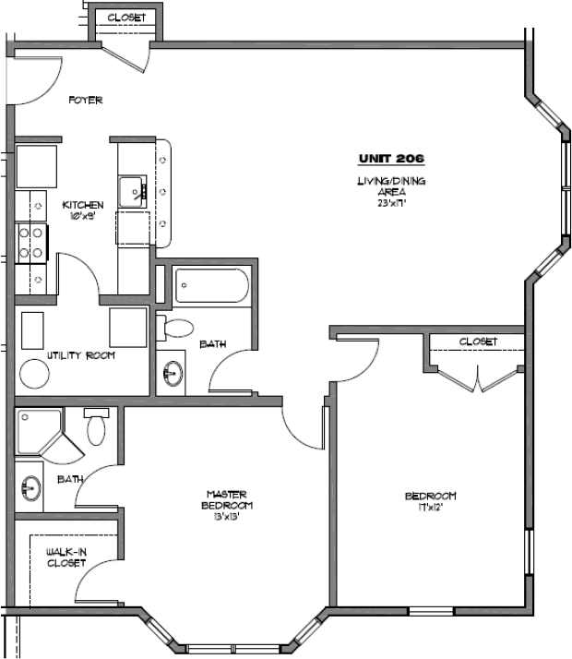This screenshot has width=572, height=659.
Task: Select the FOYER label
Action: point(85,101)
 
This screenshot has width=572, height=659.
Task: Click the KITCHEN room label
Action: point(83,210)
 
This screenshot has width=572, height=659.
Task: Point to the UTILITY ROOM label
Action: point(81,355)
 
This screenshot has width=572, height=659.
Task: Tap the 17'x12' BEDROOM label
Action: point(430,501)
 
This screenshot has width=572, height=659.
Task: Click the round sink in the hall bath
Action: point(173,374)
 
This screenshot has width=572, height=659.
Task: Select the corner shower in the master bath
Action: point(40,430)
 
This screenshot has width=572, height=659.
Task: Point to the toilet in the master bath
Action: point(97,428)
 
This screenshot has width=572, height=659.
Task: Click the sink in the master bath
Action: point(30,486)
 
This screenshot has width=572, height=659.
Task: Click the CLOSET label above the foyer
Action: point(126,18)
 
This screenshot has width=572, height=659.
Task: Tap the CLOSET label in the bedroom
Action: point(478,341)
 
